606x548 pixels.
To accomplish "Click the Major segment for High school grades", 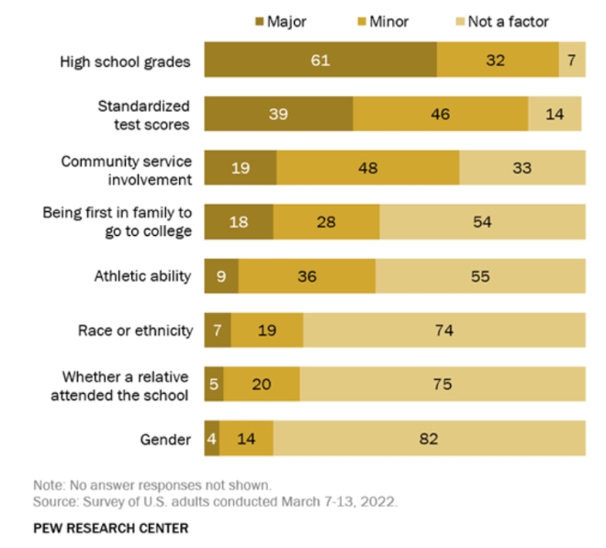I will click(320, 61).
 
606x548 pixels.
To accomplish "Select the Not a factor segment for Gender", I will click(429, 439).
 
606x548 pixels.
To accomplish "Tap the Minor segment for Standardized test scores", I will click(440, 114).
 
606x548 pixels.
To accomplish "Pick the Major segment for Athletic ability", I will click(221, 275).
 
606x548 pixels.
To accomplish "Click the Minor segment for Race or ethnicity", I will click(267, 330).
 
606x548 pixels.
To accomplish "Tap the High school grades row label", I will click(125, 62).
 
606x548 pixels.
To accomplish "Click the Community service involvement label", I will click(127, 170).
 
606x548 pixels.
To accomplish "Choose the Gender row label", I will click(165, 440).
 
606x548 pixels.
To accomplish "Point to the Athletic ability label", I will click(143, 276).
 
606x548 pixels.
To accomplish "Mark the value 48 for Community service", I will click(367, 168).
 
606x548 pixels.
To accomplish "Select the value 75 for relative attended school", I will click(442, 385).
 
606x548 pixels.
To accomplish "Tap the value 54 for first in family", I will click(482, 222).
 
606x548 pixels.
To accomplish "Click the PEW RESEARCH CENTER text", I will click(111, 528).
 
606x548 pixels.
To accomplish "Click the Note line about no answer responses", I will click(151, 486).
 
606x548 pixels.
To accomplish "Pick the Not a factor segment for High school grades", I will click(572, 61).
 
